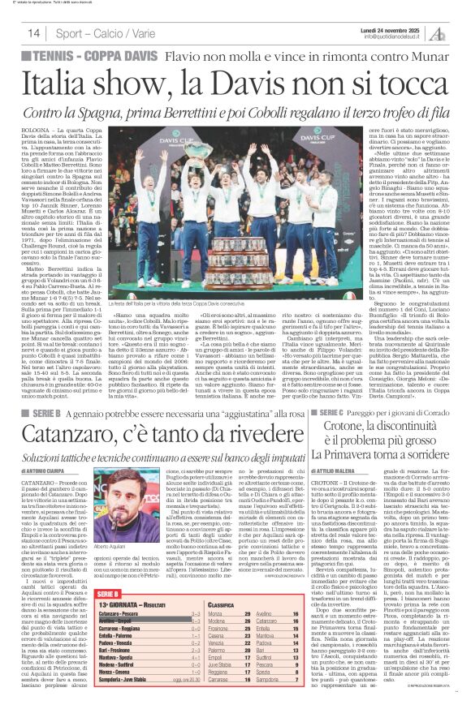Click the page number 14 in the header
(x=33, y=32)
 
